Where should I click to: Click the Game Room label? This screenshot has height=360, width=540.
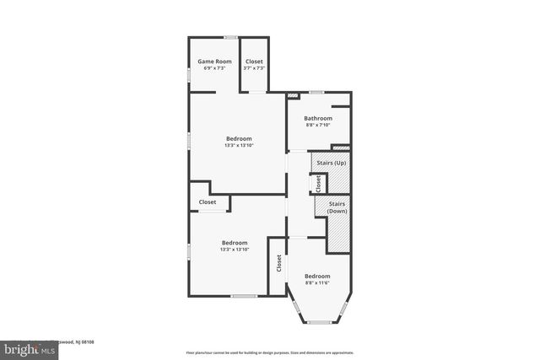click(x=214, y=61)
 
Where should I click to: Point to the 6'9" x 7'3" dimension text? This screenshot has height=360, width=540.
click(x=214, y=68)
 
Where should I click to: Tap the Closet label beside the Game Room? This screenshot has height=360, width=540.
click(x=254, y=61)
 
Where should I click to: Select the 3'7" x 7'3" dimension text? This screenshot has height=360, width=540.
click(x=254, y=68)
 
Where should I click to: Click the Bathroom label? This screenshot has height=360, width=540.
click(x=318, y=118)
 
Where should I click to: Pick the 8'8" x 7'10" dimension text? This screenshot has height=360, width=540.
click(x=318, y=126)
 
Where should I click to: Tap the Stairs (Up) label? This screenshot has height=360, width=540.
click(x=329, y=162)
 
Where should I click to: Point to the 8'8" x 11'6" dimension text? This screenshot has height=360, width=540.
click(x=317, y=283)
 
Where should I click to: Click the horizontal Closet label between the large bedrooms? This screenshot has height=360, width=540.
click(x=208, y=202)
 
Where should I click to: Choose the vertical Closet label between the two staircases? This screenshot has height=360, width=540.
click(x=317, y=182)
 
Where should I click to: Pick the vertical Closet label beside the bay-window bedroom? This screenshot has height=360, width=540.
click(x=278, y=263)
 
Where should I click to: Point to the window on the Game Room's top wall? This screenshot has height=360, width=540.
click(x=229, y=37)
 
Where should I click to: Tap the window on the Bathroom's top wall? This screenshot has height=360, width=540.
click(x=316, y=92)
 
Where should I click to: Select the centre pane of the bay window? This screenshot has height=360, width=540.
click(x=319, y=322)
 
